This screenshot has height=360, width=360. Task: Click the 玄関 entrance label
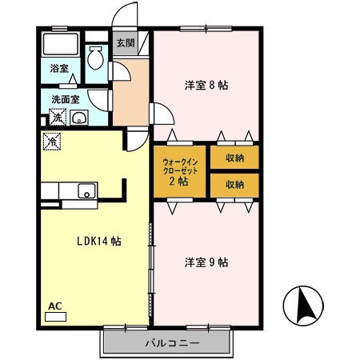click(126, 42)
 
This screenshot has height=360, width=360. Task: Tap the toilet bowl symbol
click(96, 58)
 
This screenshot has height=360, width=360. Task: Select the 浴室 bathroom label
click(59, 68)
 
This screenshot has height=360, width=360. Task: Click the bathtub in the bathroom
click(61, 44)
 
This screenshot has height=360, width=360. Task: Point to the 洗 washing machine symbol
click(58, 117)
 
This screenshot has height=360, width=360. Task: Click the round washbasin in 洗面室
click(79, 118)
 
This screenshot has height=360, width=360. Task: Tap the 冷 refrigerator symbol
click(52, 142)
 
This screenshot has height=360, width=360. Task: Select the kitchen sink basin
click(86, 190)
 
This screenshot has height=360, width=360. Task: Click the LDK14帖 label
click(99, 241)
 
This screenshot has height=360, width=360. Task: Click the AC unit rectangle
click(55, 317)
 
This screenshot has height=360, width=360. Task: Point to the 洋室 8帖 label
click(206, 86)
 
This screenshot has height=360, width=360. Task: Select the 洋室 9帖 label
click(206, 262)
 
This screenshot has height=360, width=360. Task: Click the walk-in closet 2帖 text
click(180, 172)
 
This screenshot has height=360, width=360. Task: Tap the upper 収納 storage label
click(234, 158)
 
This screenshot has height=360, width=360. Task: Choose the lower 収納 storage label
click(234, 184)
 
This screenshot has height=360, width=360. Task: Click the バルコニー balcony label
click(172, 343)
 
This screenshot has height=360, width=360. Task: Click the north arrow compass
click(303, 306)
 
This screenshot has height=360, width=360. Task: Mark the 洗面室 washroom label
click(66, 99)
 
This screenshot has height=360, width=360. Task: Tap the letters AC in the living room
click(55, 306)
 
